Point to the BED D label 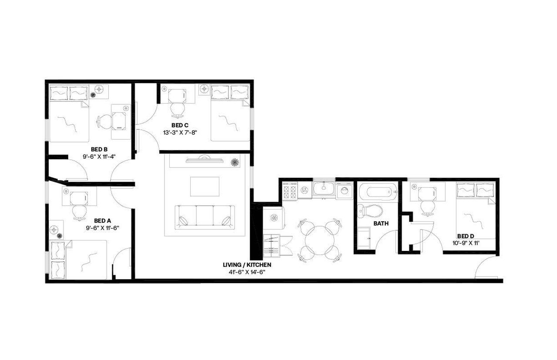coord(466,236)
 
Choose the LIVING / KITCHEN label coord(247,264)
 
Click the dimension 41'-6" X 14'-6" coord(247,272)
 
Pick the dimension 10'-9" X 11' coord(466,243)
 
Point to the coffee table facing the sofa coord(205,187)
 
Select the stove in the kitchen coord(289,190)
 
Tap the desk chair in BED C coord(177,110)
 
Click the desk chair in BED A coord(79,212)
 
